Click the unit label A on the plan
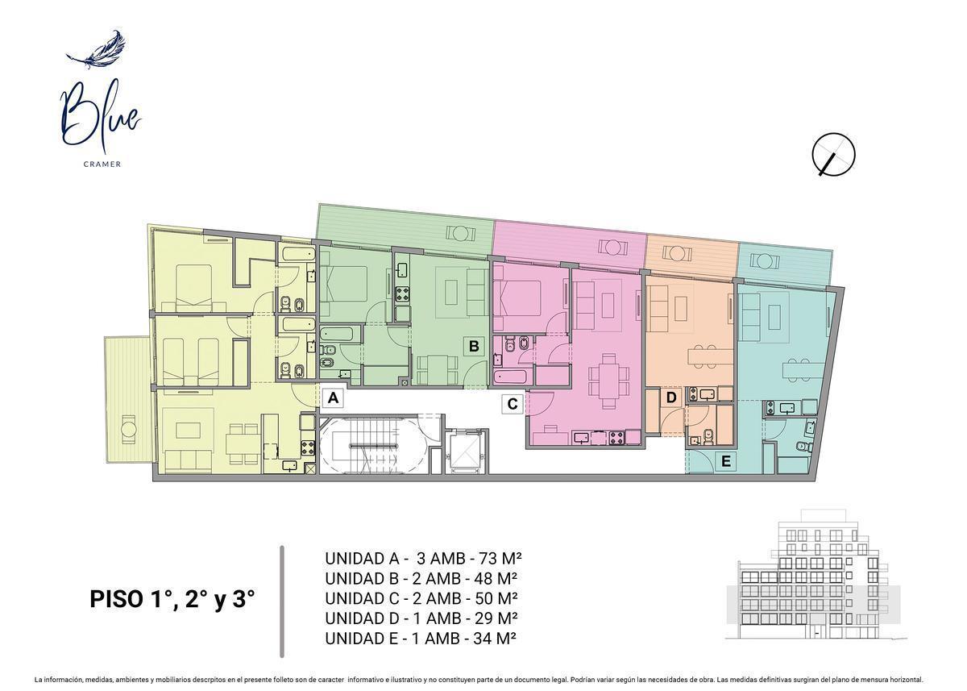point(333,398)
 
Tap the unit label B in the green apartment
point(474,347)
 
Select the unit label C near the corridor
point(513,404)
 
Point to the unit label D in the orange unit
point(670,398)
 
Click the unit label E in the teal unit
point(726,462)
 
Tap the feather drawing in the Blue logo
point(96,50)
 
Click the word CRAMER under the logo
point(102,164)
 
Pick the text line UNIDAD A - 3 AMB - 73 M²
point(424,559)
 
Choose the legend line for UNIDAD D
point(421,618)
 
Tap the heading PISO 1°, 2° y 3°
point(172,599)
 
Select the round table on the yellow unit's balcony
point(128,429)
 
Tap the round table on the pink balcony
point(612,248)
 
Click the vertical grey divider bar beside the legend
point(282,602)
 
